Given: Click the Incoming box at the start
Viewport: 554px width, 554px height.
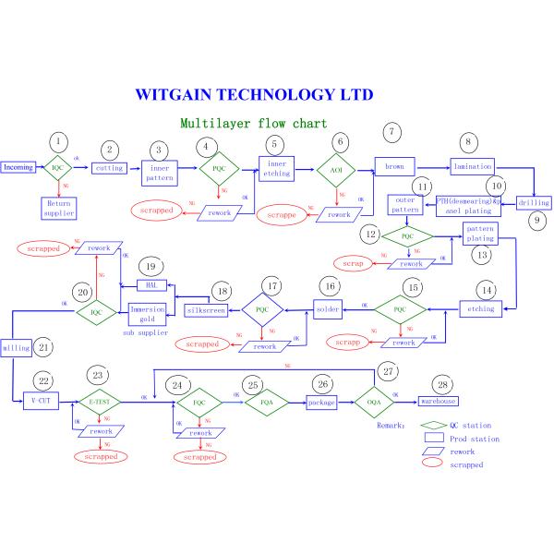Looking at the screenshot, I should point(18,167).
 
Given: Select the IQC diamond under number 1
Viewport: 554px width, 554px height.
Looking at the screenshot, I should point(58,168).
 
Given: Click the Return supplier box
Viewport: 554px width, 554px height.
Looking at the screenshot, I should point(57,207).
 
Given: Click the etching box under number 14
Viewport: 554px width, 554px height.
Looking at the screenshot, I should point(482,308).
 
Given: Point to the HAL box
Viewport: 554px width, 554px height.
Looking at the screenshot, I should point(150,285).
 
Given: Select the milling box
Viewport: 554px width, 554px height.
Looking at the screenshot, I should point(16,349).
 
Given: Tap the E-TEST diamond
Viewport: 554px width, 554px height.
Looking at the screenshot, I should point(98,402).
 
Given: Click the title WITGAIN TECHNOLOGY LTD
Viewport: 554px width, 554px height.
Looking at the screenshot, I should point(254,94).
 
